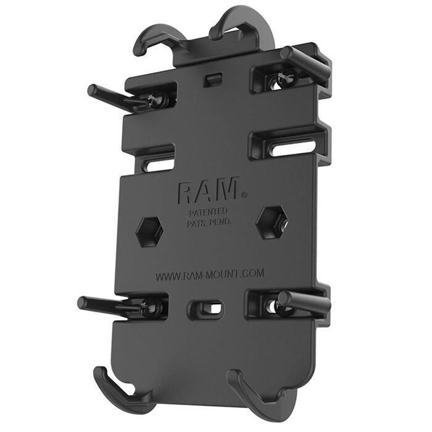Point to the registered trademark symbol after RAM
[x=244, y=195]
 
